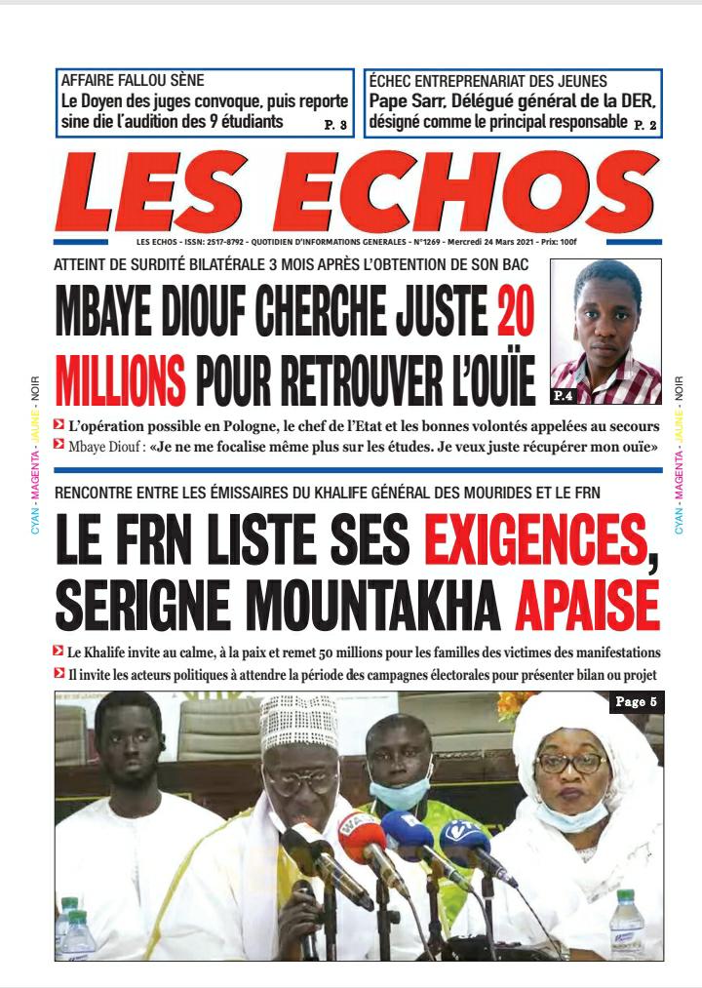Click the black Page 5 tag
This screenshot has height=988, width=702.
tap(637, 702)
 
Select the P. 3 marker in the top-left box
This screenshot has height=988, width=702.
tap(335, 125)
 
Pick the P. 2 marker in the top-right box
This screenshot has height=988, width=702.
tap(645, 125)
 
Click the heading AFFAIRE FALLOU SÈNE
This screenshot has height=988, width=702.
tap(133, 81)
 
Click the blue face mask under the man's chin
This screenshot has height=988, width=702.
tap(400, 795)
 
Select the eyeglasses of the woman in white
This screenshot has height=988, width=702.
tap(570, 763)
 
